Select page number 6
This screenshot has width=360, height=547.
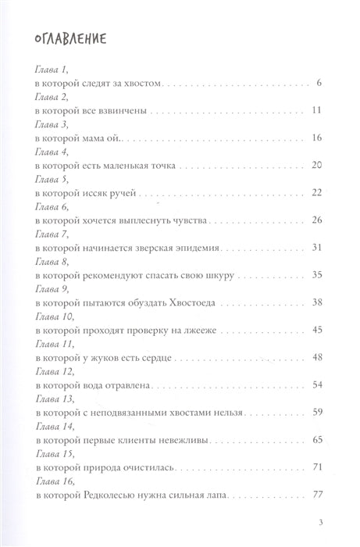point(320,82)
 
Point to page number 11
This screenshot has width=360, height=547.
point(317,110)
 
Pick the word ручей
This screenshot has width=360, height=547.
point(123,193)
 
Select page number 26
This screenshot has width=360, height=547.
point(317,220)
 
